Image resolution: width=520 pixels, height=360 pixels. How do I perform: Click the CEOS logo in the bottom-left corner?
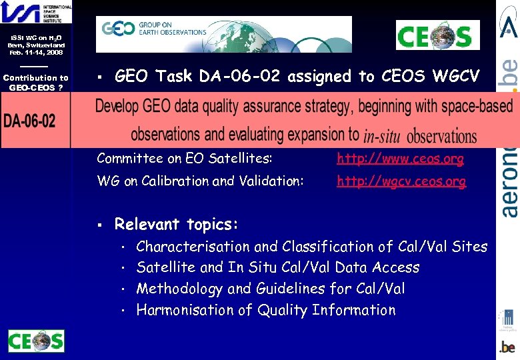[x=36, y=341]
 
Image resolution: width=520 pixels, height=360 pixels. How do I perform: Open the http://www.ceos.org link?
[x=401, y=159]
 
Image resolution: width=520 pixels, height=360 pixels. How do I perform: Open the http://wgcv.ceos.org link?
[x=401, y=181]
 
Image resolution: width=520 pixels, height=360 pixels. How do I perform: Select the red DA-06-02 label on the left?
[x=30, y=121]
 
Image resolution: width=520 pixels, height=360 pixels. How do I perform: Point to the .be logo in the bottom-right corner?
[x=507, y=347]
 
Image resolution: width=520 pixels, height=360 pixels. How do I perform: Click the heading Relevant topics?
[x=177, y=224]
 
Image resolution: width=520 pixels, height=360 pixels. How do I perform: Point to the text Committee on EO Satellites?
[x=184, y=159]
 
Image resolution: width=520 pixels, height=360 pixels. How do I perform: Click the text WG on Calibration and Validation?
[x=200, y=181]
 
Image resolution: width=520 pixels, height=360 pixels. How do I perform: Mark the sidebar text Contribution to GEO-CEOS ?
[x=35, y=83]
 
